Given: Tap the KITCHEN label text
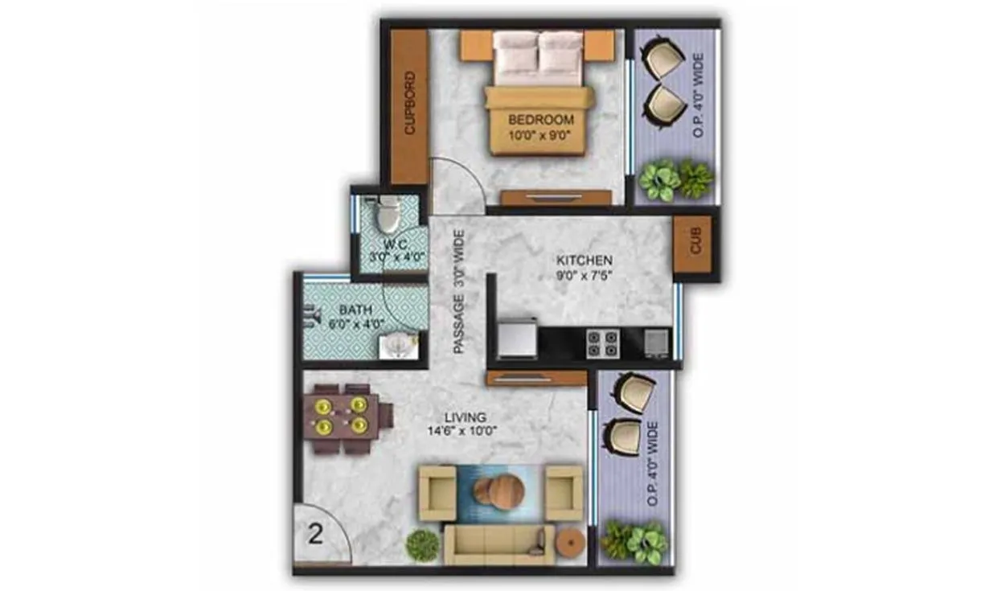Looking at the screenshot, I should point(585,261).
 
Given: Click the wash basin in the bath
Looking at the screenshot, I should point(398,346).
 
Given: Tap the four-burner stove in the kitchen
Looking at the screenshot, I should point(601,343).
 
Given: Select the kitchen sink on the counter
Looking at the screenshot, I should point(656,343).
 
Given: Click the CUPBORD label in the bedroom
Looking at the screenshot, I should point(409,105).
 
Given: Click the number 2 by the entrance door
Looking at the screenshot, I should point(316,534).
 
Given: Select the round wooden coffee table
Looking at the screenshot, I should point(498,490).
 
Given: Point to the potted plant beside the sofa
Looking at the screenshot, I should point(422,546).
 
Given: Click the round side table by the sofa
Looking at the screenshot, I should point(571,543).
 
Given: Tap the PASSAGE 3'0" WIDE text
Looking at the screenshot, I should point(459,293).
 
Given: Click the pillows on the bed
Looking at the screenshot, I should point(538,55).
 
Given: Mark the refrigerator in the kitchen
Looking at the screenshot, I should point(518,338).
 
